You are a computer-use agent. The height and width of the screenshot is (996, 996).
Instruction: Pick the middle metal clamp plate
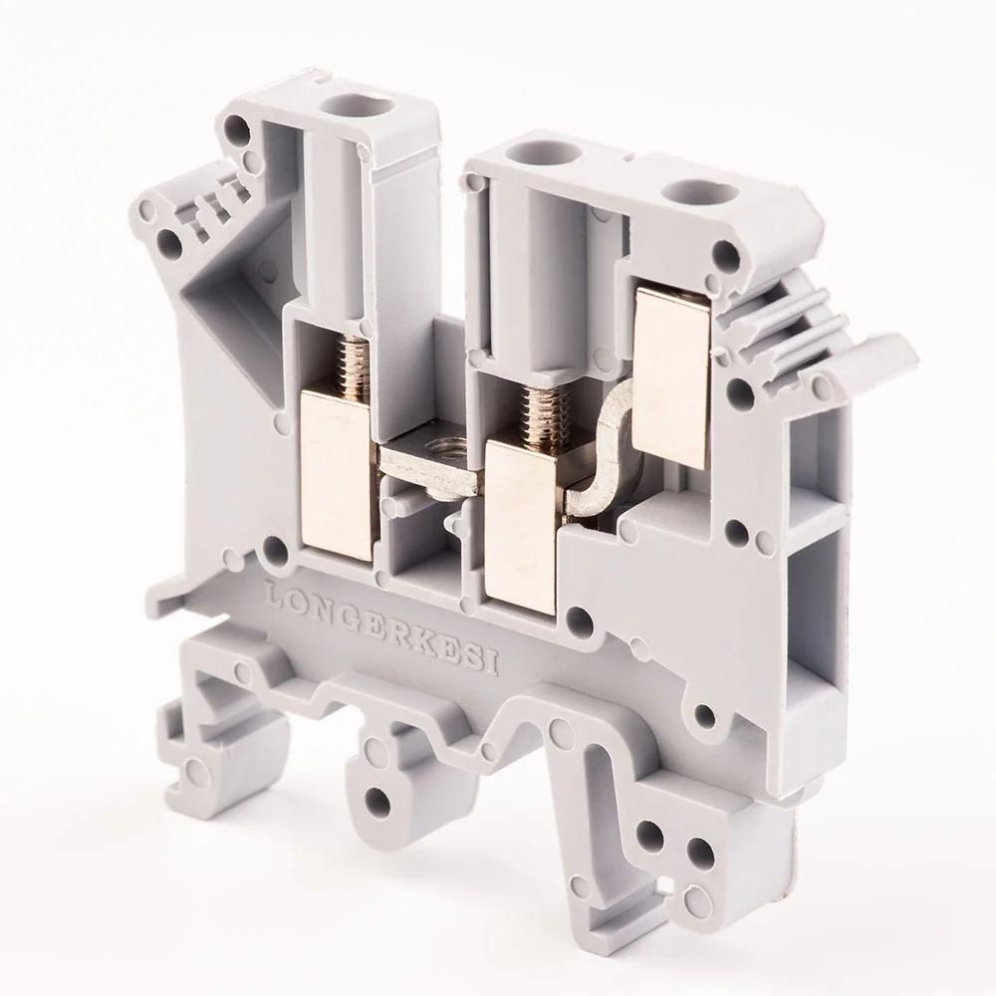pos(520,528)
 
